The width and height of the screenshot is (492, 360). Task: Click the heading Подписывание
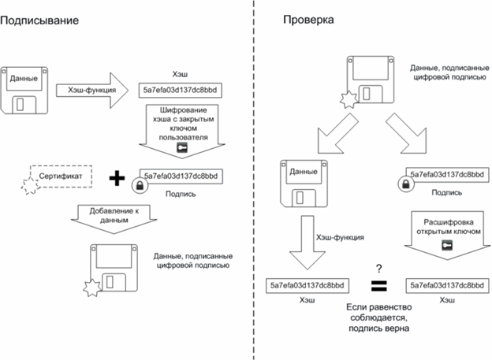pyautogui.click(x=39, y=20)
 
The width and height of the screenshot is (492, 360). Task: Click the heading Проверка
pyautogui.click(x=308, y=20)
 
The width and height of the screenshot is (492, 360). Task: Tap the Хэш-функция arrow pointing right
pyautogui.click(x=92, y=91)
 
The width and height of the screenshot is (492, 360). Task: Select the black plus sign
pyautogui.click(x=117, y=178)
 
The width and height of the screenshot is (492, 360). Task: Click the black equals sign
pyautogui.click(x=379, y=286)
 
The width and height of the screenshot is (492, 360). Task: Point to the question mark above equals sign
pyautogui.click(x=379, y=269)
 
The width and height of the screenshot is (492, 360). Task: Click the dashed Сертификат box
pyautogui.click(x=61, y=176)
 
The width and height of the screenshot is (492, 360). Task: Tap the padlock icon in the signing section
pyautogui.click(x=140, y=186)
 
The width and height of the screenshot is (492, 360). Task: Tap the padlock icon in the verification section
pyautogui.click(x=406, y=184)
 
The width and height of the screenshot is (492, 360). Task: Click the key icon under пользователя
pyautogui.click(x=182, y=147)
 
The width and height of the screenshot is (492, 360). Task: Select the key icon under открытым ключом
pyautogui.click(x=447, y=245)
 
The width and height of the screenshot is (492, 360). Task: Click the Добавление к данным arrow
pyautogui.click(x=114, y=219)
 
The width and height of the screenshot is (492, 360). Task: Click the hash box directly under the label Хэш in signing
pyautogui.click(x=181, y=91)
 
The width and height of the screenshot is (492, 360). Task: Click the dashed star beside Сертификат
pyautogui.click(x=30, y=186)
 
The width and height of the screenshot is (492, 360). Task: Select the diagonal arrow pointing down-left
pyautogui.click(x=337, y=133)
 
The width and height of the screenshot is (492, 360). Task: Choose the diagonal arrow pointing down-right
pyautogui.click(x=407, y=133)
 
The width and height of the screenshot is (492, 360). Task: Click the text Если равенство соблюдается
pyautogui.click(x=379, y=313)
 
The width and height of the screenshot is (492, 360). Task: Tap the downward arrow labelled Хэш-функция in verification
pyautogui.click(x=307, y=242)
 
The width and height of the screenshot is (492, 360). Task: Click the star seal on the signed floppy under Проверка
pyautogui.click(x=349, y=100)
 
